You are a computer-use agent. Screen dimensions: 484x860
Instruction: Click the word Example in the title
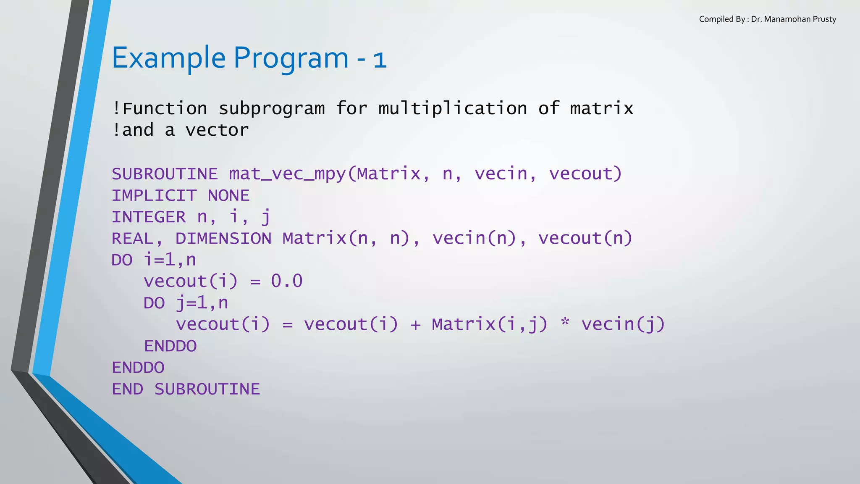[169, 58]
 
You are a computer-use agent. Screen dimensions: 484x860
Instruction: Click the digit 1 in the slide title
[380, 60]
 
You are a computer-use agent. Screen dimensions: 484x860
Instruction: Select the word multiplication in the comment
[453, 109]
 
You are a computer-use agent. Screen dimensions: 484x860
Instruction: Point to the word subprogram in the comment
[272, 109]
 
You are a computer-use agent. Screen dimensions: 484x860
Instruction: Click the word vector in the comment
[217, 130]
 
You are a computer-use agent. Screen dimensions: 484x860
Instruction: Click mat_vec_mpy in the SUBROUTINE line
[287, 174]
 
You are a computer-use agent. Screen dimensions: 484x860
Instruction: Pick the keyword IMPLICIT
[154, 195]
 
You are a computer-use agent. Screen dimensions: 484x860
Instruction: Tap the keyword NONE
[228, 195]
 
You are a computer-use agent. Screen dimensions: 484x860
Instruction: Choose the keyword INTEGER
[149, 217]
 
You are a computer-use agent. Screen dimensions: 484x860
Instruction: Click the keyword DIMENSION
[223, 238]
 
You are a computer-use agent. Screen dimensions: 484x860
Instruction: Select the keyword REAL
[132, 238]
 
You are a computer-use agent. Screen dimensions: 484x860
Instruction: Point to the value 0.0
[287, 281]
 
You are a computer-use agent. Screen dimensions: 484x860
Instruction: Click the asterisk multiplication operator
[565, 324]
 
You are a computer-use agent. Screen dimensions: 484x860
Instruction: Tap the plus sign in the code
[415, 324]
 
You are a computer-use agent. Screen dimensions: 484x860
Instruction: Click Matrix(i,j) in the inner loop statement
[490, 324]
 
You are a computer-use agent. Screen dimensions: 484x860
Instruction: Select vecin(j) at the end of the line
[623, 324]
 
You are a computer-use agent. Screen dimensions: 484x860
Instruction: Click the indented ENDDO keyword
[170, 346]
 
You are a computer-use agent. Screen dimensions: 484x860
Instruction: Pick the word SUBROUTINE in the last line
[207, 389]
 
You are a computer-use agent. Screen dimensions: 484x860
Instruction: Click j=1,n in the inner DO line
[202, 303]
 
